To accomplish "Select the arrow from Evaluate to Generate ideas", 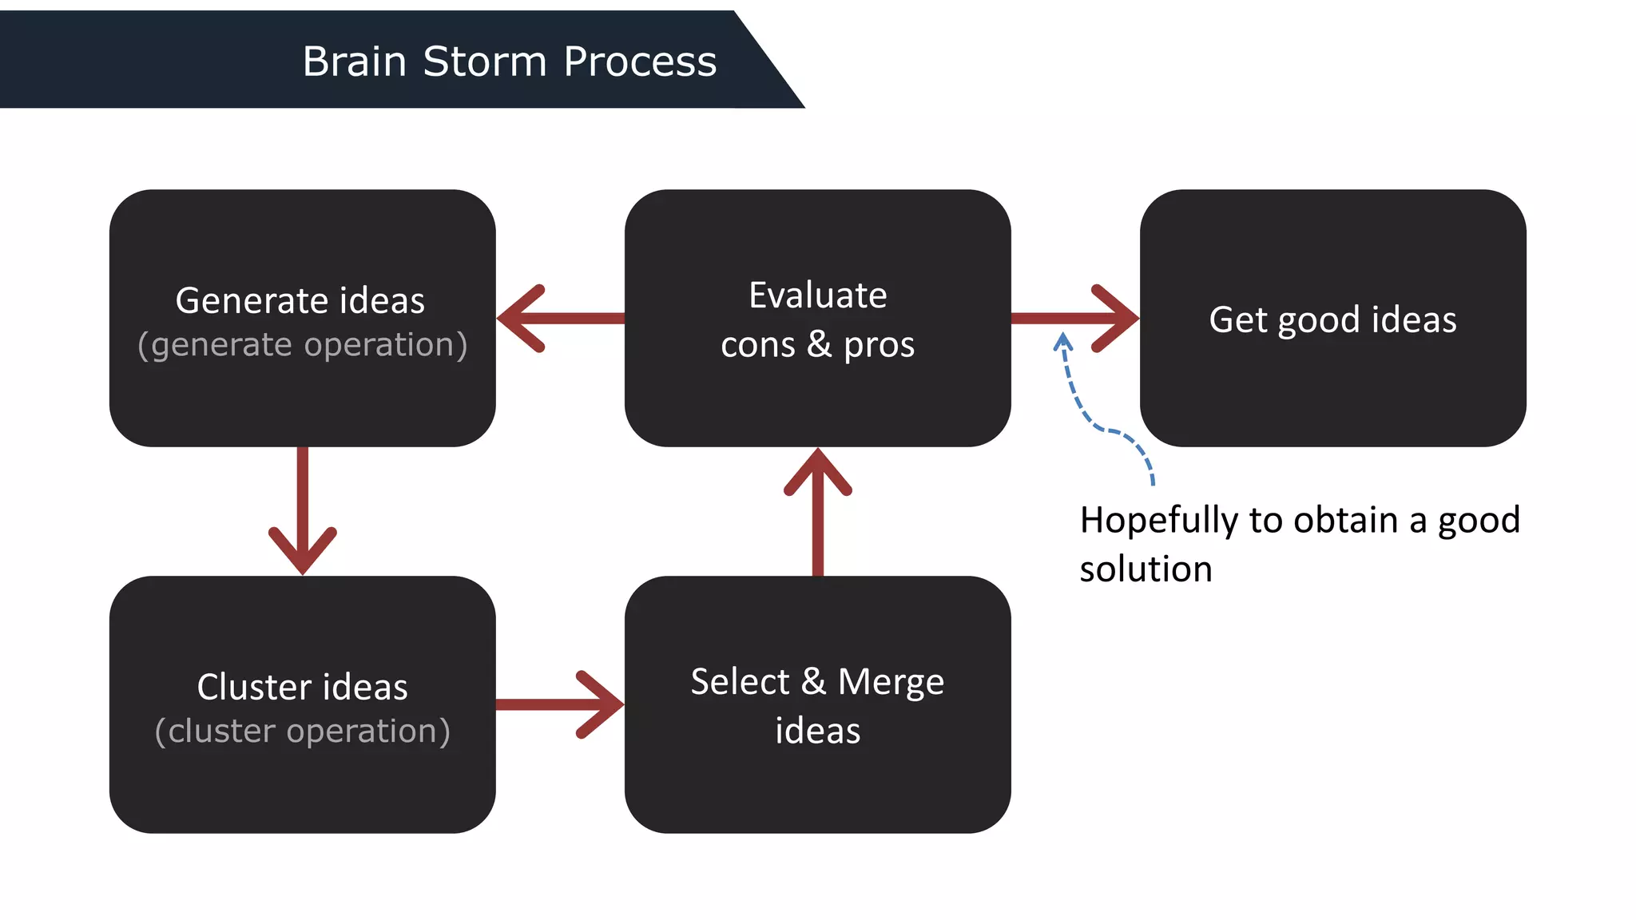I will [x=559, y=319].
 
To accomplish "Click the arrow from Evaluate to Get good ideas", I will [x=1074, y=319].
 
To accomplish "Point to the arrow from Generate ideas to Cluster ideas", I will [x=303, y=511].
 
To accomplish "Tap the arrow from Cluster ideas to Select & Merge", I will [x=559, y=704].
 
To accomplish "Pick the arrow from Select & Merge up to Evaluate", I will [x=818, y=511].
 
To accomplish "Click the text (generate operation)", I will [x=302, y=345].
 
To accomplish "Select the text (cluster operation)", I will [x=302, y=732].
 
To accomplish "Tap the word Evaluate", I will [x=818, y=295].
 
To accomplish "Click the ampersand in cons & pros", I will [x=819, y=345].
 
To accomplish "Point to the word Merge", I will [x=891, y=683].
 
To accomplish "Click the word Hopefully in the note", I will [x=1158, y=521].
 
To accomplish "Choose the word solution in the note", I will [x=1146, y=569].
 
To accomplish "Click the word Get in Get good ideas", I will [x=1237, y=320].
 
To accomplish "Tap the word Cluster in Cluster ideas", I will [x=254, y=688].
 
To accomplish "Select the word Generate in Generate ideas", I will [x=252, y=301].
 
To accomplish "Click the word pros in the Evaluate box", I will [x=879, y=345].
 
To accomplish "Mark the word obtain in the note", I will [x=1346, y=521].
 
